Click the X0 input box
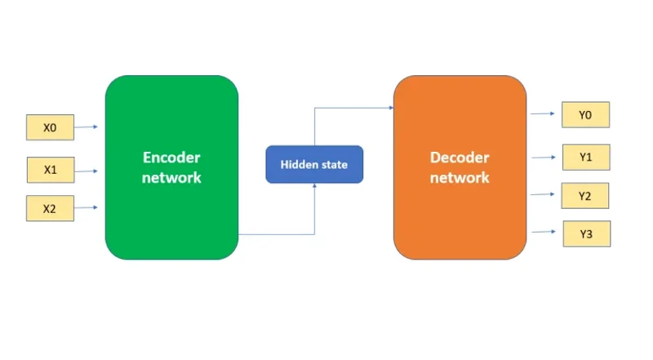[x=51, y=127]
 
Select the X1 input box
[x=51, y=171]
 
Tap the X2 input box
[x=51, y=209]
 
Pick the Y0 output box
[x=585, y=115]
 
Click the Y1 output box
[x=585, y=157]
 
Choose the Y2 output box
[x=585, y=196]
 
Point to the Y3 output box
[x=586, y=234]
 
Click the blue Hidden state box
[x=314, y=165]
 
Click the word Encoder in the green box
[x=171, y=158]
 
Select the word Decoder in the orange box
[x=460, y=158]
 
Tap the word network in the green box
[x=171, y=177]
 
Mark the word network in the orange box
[x=460, y=177]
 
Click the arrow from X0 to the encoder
[x=87, y=127]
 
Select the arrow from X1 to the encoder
[x=87, y=171]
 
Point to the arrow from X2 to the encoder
[x=87, y=208]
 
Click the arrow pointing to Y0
[x=544, y=114]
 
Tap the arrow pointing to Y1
[x=544, y=157]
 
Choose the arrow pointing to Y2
[x=544, y=194]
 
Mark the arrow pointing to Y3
[x=544, y=233]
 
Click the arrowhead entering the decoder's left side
[x=389, y=107]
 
